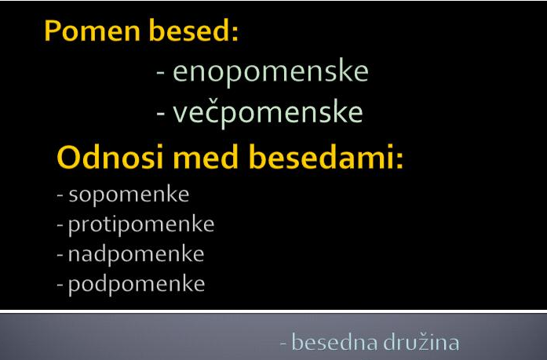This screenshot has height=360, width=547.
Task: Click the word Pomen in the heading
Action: (x=93, y=31)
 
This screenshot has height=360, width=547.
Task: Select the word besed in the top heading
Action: (x=189, y=31)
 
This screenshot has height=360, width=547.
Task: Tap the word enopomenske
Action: (x=271, y=72)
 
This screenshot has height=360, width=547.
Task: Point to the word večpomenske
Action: (x=268, y=112)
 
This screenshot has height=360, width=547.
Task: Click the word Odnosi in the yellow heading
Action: (x=110, y=157)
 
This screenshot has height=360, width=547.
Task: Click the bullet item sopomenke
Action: (x=129, y=195)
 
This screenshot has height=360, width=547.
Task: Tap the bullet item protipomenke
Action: (x=141, y=224)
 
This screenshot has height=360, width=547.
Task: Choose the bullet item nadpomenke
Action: (x=136, y=254)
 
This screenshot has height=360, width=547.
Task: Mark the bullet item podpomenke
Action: (x=137, y=284)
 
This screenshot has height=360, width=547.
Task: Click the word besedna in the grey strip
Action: (x=334, y=343)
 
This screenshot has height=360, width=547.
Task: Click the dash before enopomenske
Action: (x=160, y=73)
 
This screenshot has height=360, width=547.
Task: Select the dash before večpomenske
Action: (x=160, y=114)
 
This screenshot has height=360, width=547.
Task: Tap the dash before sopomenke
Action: (x=60, y=196)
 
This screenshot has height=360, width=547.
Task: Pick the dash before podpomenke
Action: (x=60, y=285)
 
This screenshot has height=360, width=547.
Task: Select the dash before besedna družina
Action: (x=283, y=344)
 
